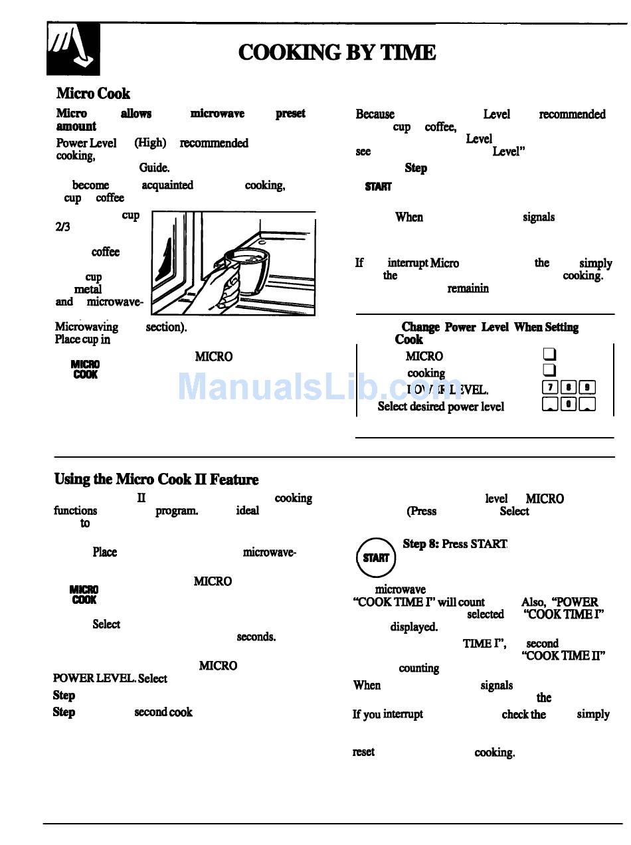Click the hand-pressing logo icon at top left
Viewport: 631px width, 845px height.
(73, 49)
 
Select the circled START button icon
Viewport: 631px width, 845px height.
(376, 557)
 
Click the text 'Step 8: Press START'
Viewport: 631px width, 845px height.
(455, 544)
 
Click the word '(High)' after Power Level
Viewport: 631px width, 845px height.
(150, 143)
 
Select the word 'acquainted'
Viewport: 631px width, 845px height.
(167, 185)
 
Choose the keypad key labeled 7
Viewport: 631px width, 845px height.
(549, 388)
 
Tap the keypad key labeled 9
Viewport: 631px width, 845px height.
(586, 388)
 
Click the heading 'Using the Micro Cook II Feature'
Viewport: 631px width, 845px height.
(156, 480)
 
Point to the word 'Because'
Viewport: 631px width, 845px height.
(375, 114)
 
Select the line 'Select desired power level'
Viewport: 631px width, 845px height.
(440, 407)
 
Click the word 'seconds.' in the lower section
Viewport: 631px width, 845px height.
(256, 637)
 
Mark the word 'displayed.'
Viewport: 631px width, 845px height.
(413, 627)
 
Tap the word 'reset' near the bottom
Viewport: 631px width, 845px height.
(363, 752)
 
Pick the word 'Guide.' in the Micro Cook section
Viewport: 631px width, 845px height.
(154, 169)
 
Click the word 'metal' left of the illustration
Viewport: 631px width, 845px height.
(88, 290)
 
